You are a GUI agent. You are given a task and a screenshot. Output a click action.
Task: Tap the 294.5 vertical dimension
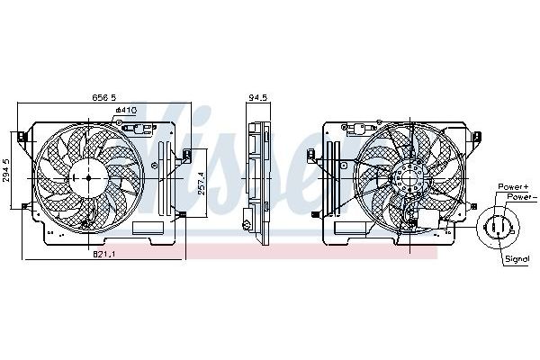[x=7, y=172]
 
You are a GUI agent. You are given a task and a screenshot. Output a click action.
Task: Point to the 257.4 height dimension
[x=202, y=184]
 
